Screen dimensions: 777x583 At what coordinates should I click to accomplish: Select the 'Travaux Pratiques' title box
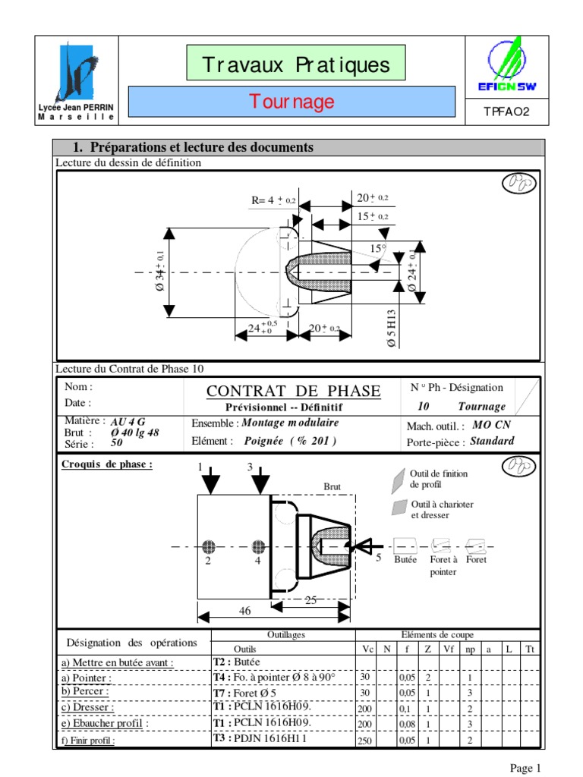[296, 64]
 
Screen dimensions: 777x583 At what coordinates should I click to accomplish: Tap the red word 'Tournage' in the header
[292, 102]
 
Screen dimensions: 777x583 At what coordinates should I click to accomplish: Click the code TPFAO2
[506, 112]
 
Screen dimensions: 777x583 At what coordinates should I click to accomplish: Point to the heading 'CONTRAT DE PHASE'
[294, 392]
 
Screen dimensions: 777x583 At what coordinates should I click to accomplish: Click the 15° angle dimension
[377, 248]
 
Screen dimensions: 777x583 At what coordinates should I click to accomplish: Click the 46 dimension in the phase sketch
[245, 611]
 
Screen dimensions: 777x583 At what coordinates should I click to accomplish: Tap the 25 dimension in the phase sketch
[310, 600]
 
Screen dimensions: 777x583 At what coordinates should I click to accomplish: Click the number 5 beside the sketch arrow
[378, 558]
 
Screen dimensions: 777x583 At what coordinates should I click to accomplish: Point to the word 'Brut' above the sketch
[332, 487]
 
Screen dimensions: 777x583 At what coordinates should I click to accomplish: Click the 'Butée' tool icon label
[406, 560]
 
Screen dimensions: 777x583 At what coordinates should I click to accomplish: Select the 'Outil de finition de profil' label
[439, 479]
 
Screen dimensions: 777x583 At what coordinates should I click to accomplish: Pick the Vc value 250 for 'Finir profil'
[365, 741]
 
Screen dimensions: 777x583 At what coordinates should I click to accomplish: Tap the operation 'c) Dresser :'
[88, 707]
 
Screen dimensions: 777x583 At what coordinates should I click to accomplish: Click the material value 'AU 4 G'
[128, 422]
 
